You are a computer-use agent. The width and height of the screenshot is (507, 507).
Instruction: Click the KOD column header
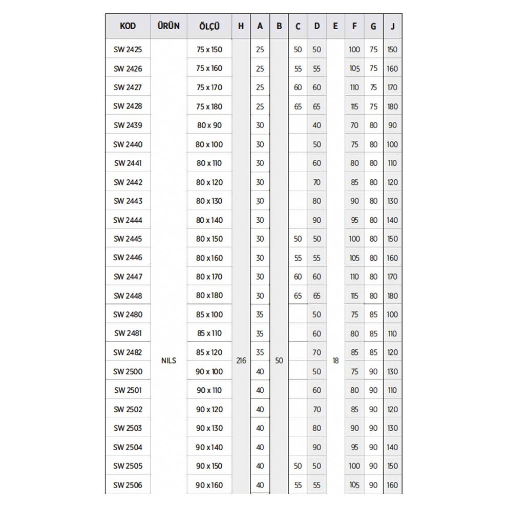pos(128,26)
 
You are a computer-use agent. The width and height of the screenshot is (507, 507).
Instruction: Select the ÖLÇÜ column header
pos(209,26)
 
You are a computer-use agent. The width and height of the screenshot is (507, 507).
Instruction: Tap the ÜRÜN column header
pos(168,26)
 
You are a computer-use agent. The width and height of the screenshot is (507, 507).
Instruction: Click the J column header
pos(392,26)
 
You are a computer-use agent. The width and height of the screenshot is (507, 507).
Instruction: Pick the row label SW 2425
pos(128,50)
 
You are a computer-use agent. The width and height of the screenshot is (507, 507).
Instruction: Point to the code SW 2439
pos(128,125)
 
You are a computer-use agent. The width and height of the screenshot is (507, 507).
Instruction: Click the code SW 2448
pos(128,295)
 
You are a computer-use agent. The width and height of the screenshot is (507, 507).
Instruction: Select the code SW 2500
pos(128,371)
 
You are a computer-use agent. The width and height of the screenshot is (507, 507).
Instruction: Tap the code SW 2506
pos(128,485)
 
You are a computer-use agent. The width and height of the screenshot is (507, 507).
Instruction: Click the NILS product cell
pos(168,361)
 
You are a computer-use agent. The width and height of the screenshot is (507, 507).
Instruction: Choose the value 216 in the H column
pos(241,361)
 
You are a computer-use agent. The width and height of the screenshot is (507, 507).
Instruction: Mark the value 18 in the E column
pos(335,361)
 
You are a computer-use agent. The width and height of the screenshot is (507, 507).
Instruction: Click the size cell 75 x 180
pos(209,107)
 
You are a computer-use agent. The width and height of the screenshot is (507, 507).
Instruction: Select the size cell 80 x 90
pos(209,125)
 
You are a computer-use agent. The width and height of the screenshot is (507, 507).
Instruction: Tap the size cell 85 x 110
pos(209,333)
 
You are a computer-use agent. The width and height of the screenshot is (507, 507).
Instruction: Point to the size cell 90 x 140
pos(209,447)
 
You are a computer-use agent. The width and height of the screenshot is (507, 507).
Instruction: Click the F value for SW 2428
pos(354,107)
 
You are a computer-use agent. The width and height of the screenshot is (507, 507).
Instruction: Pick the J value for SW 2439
pos(392,125)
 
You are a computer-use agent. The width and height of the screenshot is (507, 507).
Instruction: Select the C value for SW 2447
pos(298,277)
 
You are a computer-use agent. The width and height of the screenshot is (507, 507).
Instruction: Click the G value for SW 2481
pos(373,333)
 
